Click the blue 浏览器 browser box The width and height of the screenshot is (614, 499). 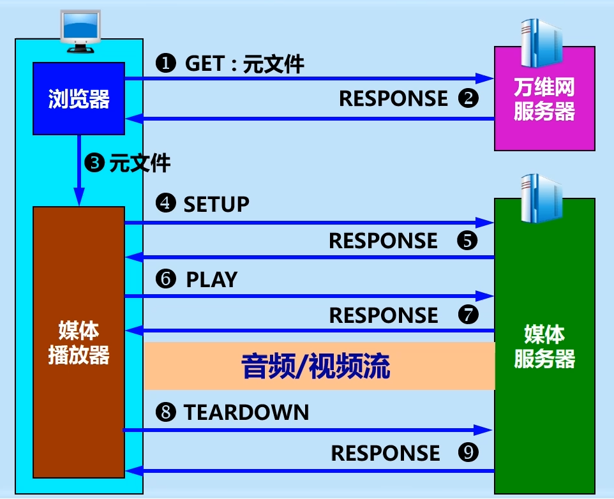pos(79,98)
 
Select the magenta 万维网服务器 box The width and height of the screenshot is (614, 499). pos(544,99)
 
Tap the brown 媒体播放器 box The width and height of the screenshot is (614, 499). pos(78,342)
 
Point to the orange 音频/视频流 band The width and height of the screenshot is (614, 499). pos(319,366)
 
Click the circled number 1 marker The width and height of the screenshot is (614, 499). pos(165,63)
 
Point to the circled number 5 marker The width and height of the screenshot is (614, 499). pos(467,241)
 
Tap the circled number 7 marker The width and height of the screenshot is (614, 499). pos(467,315)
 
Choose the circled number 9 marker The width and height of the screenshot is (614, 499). pos(468,453)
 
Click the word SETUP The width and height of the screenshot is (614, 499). pos(216,204)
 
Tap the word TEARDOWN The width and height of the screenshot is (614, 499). pos(246,412)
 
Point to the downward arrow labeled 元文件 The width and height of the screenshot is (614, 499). pos(79,169)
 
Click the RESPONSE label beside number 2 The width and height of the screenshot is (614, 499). pos(393,98)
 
